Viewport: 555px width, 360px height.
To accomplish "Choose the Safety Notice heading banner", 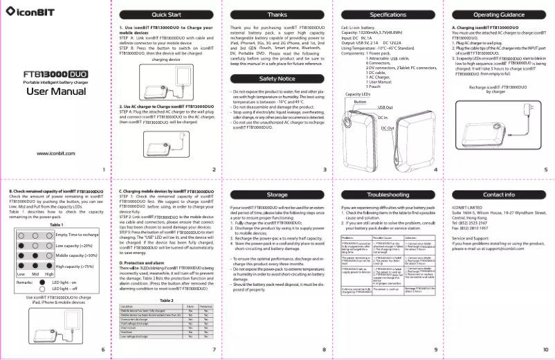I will tap(277, 79).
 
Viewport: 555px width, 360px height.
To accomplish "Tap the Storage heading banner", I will tap(277, 195).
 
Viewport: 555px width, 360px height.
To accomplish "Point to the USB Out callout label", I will tap(385, 107).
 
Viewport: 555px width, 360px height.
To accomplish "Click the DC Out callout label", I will tap(388, 129).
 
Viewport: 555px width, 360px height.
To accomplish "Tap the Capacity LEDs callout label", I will tap(359, 94).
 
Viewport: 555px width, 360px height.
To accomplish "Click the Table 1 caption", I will tap(57, 225).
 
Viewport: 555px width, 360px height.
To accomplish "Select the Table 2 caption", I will tap(166, 300).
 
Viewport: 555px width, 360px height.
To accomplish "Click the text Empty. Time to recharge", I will tap(77, 235).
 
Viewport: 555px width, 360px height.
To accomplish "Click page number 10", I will tap(545, 349).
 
